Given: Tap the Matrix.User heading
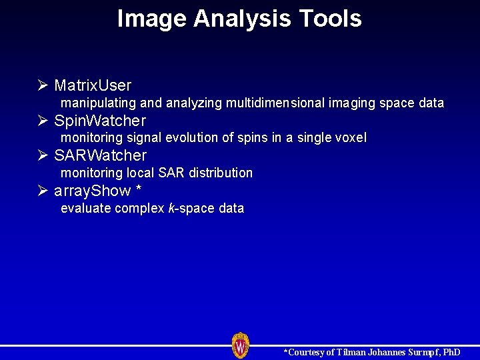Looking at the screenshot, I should (93, 85).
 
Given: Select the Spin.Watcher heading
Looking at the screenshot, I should (100, 121).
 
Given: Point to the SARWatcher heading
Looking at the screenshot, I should (100, 155).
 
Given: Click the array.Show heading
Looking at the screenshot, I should (93, 191).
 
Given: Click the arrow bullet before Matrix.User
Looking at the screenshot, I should (43, 85).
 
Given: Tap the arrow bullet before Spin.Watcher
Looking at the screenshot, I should (43, 121).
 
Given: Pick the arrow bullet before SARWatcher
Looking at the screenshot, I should (43, 155).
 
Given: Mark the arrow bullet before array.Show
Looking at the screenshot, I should (43, 191).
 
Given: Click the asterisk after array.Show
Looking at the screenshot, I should (138, 190).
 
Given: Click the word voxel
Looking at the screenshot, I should (351, 138).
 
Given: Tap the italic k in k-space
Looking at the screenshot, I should (171, 208).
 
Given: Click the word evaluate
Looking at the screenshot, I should (86, 209).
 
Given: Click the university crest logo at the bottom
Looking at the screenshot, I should (241, 345).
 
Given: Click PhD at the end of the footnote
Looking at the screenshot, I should (451, 352).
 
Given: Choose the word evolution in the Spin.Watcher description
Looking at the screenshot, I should (186, 138).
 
